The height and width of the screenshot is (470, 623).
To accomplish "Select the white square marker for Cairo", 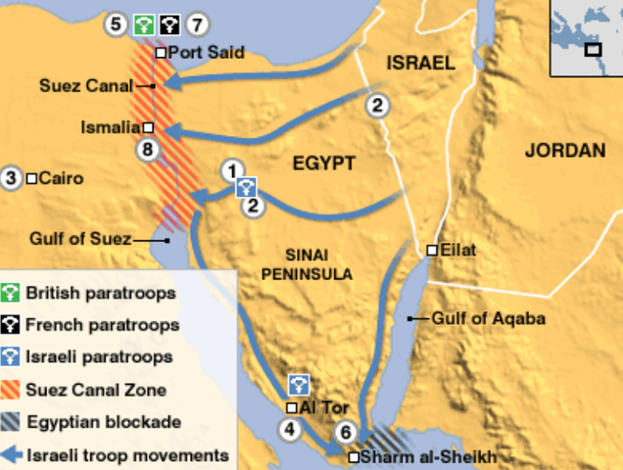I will coord(32,178).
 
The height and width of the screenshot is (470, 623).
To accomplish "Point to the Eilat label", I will coord(458,250).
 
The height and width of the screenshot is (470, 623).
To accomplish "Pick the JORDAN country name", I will coord(565,150).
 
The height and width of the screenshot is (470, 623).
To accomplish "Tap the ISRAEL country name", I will coord(421,63).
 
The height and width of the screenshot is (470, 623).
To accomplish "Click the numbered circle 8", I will coord(148,150).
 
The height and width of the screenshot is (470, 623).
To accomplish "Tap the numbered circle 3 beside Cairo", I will coord(12,178).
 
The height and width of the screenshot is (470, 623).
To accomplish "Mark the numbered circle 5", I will coord(118,22).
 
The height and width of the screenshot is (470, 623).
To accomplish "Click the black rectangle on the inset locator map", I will coord(593,48).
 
